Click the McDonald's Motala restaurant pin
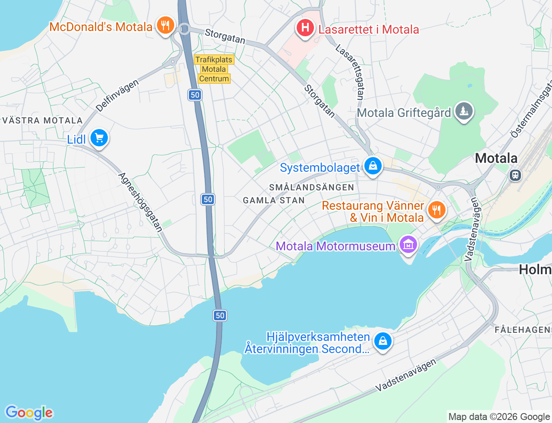click(x=165, y=25)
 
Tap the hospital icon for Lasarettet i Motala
click(x=305, y=28)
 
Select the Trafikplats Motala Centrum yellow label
click(x=214, y=69)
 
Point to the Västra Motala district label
click(x=42, y=121)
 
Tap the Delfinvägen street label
click(x=117, y=96)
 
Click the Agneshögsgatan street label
click(x=140, y=202)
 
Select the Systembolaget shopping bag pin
click(x=373, y=166)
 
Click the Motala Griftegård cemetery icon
click(x=464, y=111)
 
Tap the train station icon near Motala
click(x=515, y=175)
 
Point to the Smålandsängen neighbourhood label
click(x=312, y=187)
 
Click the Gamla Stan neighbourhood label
click(x=274, y=200)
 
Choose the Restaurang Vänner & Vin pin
click(x=436, y=210)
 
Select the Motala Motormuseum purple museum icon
click(x=408, y=245)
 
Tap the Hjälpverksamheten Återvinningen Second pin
click(x=382, y=341)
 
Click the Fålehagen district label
click(x=522, y=330)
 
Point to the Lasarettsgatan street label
click(x=350, y=72)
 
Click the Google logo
click(x=29, y=413)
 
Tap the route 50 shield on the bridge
click(x=220, y=316)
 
